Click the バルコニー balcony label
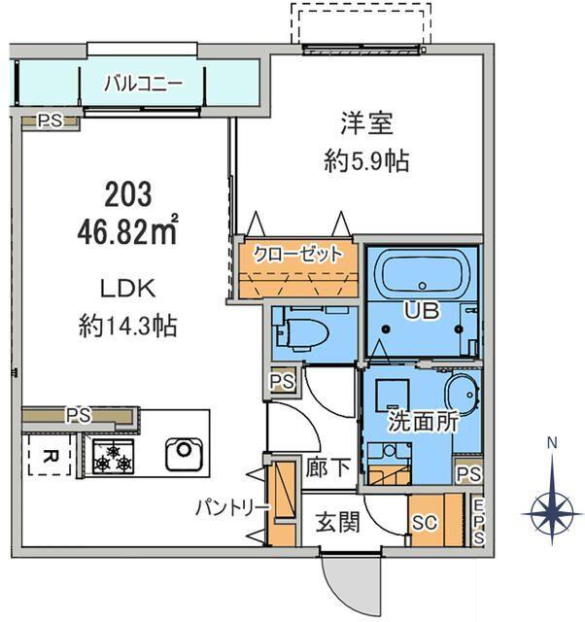pos(143,84)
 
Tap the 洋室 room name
pos(367,123)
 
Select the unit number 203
pos(128,194)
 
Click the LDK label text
pos(127,290)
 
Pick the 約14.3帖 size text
pos(127,327)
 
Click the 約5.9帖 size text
pos(366,161)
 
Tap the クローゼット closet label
pos(297,255)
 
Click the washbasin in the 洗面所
pos(463,393)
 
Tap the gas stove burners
pos(113,457)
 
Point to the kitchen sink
pos(184,454)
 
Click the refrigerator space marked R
pos(50,455)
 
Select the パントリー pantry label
pos(233,507)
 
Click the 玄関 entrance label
pos(337,522)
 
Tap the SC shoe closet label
pos(425,523)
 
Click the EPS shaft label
pos(479,522)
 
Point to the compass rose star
pos(552,514)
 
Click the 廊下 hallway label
pos(327,467)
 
